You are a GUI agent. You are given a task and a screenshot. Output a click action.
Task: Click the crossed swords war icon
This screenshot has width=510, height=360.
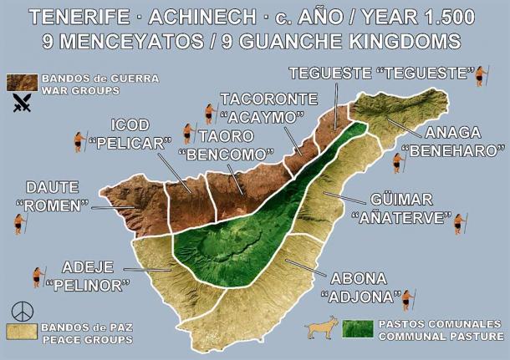[21, 104]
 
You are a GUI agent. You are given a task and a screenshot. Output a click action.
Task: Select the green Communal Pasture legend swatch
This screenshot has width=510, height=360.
[358, 328]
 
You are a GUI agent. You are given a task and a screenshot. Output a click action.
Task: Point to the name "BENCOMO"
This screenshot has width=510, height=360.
[227, 155]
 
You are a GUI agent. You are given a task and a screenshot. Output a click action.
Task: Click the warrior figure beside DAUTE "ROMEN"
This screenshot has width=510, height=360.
[19, 223]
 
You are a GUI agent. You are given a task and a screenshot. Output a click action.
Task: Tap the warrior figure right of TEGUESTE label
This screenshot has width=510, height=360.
[481, 76]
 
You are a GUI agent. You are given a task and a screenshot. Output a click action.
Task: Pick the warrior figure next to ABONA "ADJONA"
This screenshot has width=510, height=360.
[407, 299]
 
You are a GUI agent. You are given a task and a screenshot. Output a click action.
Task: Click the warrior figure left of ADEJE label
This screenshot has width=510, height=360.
[38, 276]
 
